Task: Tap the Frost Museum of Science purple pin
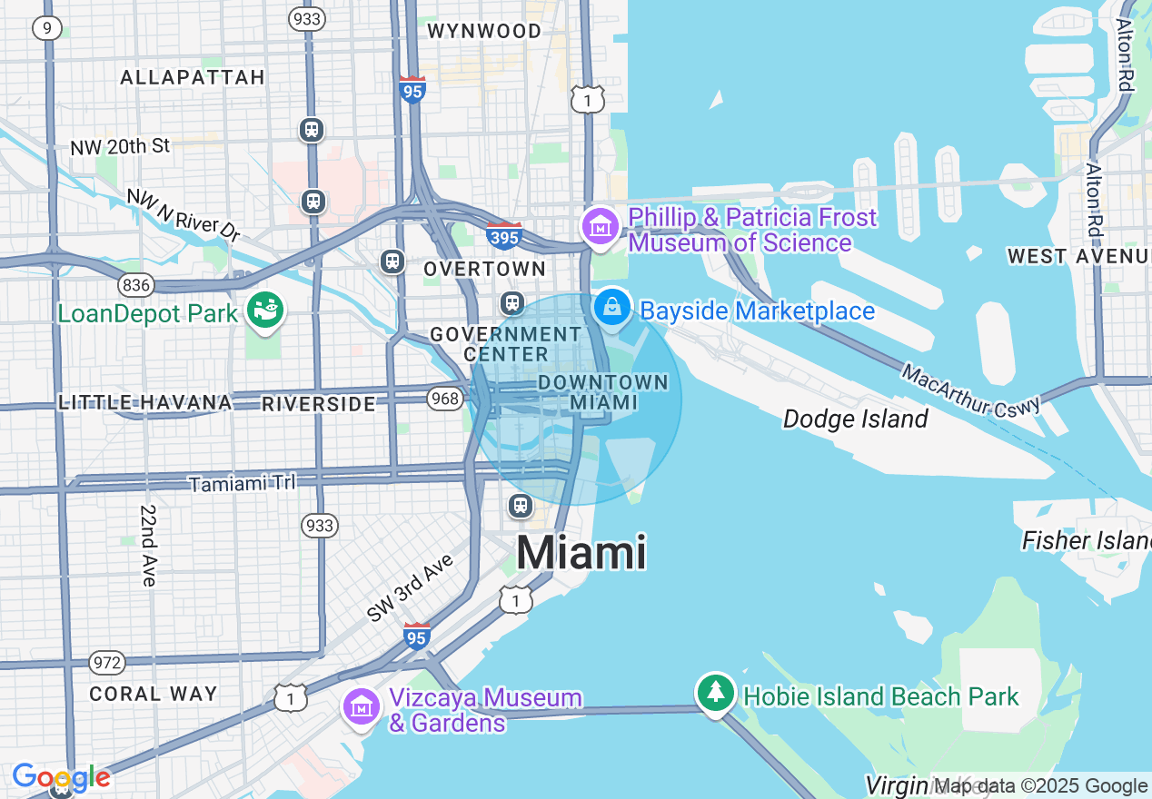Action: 600,227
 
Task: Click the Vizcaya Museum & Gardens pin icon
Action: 362,707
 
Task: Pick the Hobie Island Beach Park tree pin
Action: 716,693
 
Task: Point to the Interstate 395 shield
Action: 504,235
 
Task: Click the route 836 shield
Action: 136,285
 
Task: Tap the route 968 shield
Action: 445,399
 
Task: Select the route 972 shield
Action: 107,663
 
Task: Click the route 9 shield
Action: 46,28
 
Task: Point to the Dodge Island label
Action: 855,419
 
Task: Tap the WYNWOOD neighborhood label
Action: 483,31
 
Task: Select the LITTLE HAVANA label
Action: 145,402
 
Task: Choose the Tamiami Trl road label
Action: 242,483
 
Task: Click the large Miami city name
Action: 581,552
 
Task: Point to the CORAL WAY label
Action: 154,694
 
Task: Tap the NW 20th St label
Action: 120,146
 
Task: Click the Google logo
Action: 61,777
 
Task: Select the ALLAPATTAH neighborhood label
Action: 193,77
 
